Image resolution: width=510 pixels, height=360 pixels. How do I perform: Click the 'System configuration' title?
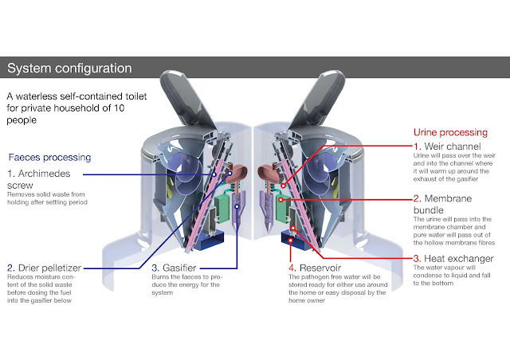coord(69,68)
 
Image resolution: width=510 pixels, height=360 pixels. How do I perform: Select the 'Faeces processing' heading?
coord(49,158)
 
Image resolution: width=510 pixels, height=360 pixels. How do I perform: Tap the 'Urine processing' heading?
coord(450,132)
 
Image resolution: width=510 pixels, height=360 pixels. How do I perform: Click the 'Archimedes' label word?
coord(44,174)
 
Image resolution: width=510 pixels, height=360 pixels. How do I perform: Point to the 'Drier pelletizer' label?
coord(49,268)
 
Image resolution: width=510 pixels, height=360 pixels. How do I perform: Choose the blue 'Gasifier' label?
coord(179,268)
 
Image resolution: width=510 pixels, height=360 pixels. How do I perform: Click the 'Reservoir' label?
coord(320,268)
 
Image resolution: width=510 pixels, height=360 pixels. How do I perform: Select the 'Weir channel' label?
coord(453,147)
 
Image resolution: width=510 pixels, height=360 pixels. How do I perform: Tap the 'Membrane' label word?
coord(448,198)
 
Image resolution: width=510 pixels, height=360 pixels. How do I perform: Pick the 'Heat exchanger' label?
coord(459,259)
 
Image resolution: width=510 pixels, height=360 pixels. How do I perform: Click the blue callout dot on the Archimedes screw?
coord(214,174)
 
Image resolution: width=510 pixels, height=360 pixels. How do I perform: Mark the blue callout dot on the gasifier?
coord(237,206)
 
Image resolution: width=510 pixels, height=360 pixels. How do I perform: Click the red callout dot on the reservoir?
coord(290,241)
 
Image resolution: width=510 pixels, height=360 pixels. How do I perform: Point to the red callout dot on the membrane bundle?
coord(280,200)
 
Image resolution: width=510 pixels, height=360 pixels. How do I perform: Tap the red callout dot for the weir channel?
coord(284,186)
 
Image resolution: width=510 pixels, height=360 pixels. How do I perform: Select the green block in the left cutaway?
coord(222,208)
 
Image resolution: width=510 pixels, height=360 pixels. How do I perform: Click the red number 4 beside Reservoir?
coord(292,268)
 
